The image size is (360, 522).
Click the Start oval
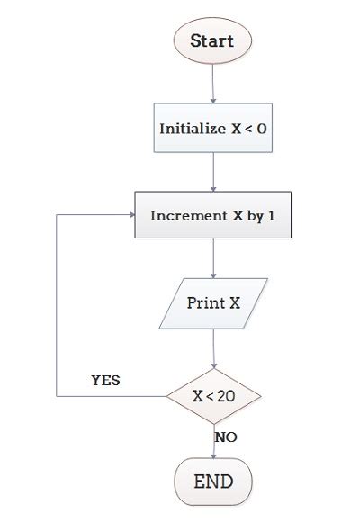(x=212, y=41)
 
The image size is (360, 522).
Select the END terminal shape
(x=213, y=481)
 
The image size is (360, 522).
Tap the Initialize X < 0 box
(x=212, y=128)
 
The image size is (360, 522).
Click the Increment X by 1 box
(x=212, y=216)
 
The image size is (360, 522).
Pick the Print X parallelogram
(x=213, y=302)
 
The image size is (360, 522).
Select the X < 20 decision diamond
(x=213, y=395)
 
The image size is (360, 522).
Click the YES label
(x=105, y=380)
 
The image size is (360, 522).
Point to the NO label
(x=226, y=436)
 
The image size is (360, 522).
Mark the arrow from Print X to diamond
(x=213, y=346)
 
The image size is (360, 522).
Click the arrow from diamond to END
(x=213, y=441)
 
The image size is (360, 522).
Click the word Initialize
(x=192, y=128)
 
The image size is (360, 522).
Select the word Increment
(x=187, y=216)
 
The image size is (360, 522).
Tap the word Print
(x=205, y=302)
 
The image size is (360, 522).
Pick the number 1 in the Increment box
(x=270, y=216)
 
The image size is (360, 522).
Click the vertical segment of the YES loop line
(x=57, y=306)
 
